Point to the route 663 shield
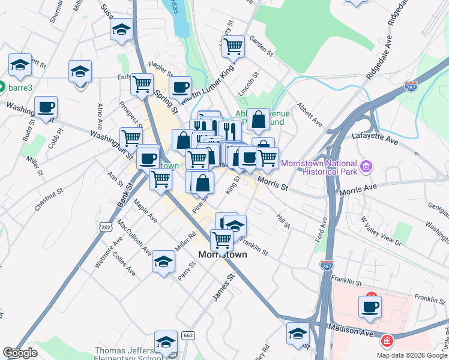coord(188,335)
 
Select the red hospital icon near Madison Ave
coord(387,341)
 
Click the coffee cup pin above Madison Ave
coord(370,307)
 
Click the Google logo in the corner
coord(20,353)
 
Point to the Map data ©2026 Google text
coord(412,355)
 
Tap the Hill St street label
coord(283,220)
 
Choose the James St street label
coord(222,289)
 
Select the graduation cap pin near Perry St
coord(163,261)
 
